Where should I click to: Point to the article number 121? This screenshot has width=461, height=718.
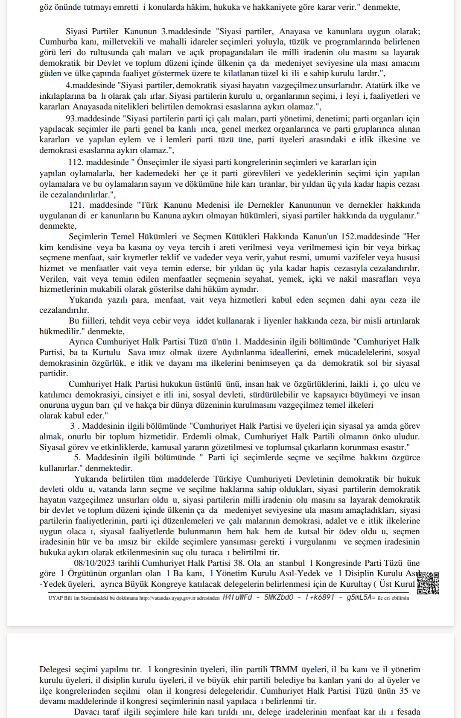78,205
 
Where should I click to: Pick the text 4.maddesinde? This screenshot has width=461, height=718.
90,85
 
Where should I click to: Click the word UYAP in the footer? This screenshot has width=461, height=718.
56,598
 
